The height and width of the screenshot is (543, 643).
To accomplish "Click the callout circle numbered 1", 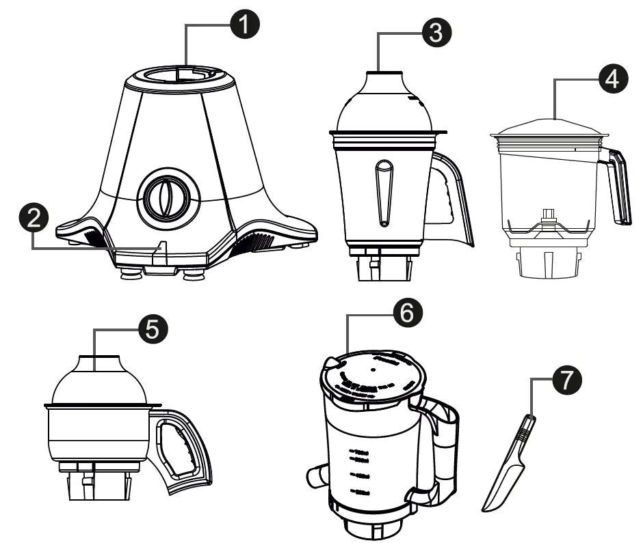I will [x=244, y=25].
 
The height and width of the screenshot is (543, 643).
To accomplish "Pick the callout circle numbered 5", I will [x=150, y=329].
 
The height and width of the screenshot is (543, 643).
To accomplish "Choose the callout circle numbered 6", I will [x=406, y=314].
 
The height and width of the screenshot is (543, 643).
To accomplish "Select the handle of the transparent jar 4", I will [x=620, y=188].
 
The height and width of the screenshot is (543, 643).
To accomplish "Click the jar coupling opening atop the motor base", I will [x=181, y=74].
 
